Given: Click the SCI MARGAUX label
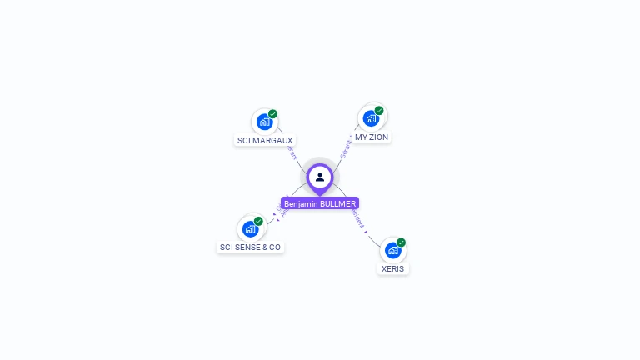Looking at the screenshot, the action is tap(265, 140).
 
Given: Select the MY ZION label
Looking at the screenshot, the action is tap(372, 137).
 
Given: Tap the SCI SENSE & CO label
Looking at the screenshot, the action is tap(250, 247).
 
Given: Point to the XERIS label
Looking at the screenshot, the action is tap(392, 268).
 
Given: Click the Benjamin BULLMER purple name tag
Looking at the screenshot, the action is tap(320, 203).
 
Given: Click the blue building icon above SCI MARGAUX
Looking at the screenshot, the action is tap(264, 122).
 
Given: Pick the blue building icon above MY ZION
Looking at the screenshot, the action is tap(371, 118).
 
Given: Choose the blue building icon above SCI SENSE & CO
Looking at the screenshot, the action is tap(250, 228).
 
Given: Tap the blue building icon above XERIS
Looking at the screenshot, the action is tap(392, 250).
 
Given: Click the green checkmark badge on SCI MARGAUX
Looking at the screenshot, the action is tap(272, 114).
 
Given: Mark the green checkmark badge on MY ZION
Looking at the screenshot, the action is tap(379, 111).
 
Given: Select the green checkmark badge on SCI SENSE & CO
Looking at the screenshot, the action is tap(258, 221).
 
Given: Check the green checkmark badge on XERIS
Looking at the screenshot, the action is tap(401, 242).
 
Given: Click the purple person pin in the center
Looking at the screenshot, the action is tap(320, 177).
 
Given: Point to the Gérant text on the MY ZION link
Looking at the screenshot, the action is tap(346, 148).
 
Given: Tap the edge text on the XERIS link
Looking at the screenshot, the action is tap(359, 219).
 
